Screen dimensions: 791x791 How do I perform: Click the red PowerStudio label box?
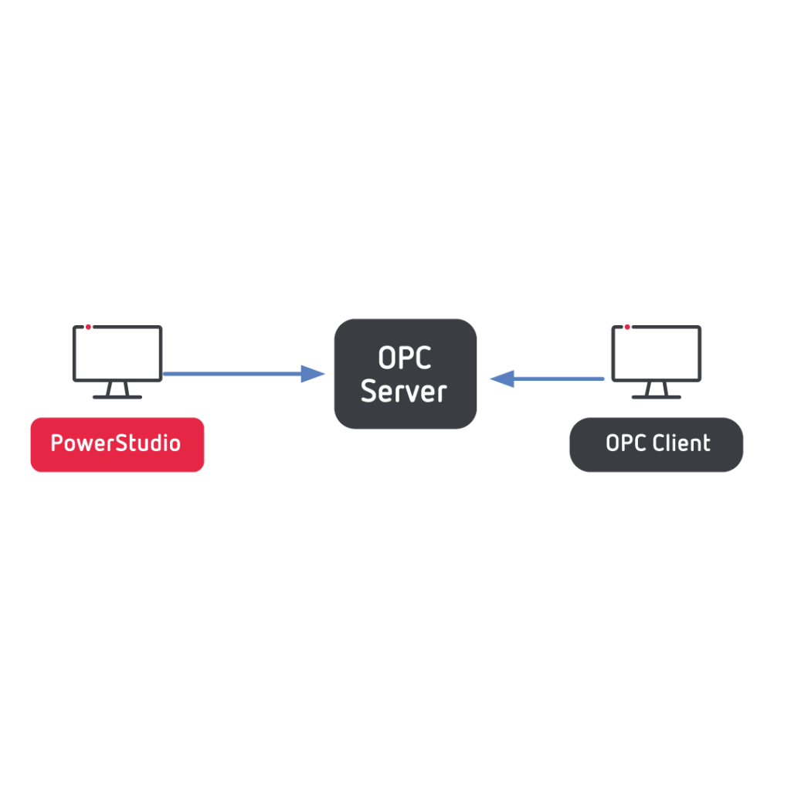coord(117,444)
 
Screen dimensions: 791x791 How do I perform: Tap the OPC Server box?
coord(405,374)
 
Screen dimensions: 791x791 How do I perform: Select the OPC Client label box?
coord(656,444)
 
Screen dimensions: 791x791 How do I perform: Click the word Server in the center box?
coord(404,391)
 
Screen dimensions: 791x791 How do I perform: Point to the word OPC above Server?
coord(404,358)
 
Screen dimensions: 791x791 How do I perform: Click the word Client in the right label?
coord(681,443)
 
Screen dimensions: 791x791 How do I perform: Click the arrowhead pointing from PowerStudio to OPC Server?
coord(313,374)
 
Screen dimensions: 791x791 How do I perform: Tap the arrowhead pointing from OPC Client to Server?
coord(502,379)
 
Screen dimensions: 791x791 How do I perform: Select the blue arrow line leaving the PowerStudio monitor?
coord(232,374)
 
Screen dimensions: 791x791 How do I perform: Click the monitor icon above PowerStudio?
coord(117,353)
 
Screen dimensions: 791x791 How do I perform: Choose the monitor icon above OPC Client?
coord(656,353)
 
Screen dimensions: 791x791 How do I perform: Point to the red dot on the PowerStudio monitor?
coord(88,327)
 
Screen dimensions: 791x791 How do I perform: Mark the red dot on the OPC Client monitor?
coord(627,327)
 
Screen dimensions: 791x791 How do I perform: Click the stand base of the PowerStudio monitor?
coord(117,397)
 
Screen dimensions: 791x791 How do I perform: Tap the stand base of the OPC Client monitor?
coord(656,397)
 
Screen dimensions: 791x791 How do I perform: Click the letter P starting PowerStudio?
coord(56,443)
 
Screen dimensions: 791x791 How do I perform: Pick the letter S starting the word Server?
coord(369,391)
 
